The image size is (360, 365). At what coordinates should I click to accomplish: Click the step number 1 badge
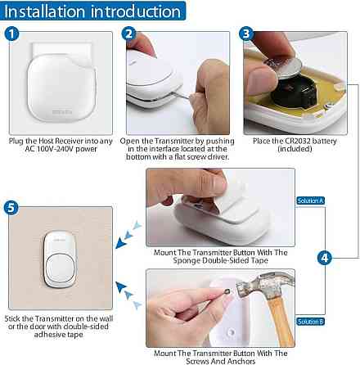pos(11,34)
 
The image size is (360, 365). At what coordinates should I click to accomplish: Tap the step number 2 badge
pos(129,34)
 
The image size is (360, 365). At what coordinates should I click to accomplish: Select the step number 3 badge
pos(246,34)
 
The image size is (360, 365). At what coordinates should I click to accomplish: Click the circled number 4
pos(325,258)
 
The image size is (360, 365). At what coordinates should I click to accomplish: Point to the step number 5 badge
pos(11,208)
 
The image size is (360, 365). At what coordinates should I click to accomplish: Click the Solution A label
pos(310,201)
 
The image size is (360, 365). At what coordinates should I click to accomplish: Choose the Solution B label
pos(310,322)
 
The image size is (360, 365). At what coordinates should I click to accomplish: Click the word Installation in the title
pos(45,11)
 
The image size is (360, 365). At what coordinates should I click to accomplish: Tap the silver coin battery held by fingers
pos(284,66)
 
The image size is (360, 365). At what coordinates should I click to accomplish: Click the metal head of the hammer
pos(263,285)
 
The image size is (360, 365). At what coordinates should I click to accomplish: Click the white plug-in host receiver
pos(61,88)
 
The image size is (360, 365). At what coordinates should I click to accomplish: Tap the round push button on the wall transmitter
pos(61,269)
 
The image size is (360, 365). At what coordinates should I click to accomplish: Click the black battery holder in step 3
pos(295,92)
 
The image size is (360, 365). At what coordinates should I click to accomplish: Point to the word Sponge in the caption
pos(187,260)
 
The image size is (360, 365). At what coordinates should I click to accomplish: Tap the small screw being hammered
pos(227,292)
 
